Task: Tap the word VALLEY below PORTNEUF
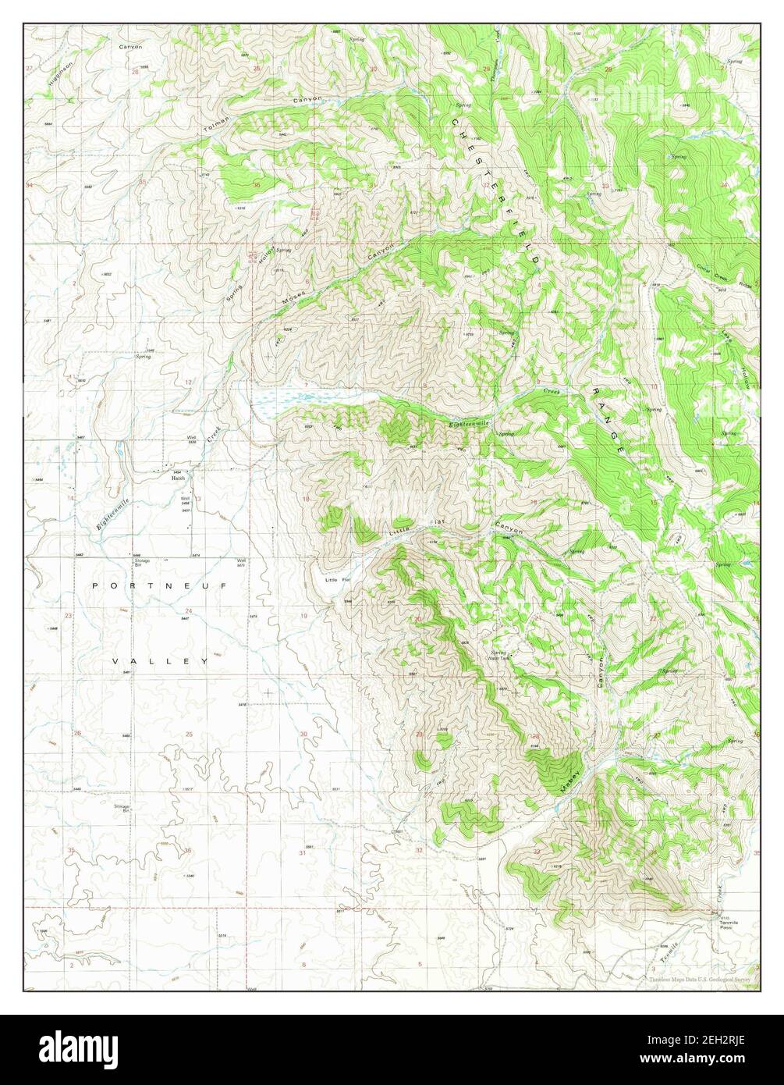pos(160,661)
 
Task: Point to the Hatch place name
pos(179,478)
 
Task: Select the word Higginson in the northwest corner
pos(58,74)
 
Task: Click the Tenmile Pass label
pos(726,924)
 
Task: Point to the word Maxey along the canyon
pos(571,781)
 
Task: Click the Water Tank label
pos(498,658)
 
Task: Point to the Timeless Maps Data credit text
pos(698,978)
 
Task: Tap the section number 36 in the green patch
pos(257,185)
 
